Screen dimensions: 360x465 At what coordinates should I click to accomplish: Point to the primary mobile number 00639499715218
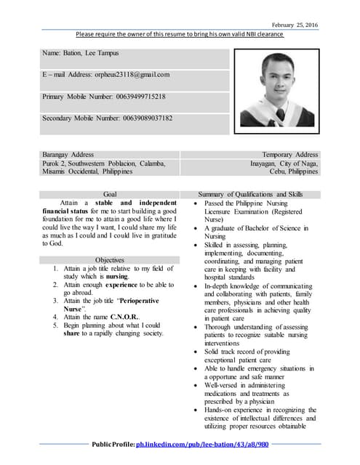coord(133,96)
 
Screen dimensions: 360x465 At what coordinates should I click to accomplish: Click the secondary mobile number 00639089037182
coord(137,118)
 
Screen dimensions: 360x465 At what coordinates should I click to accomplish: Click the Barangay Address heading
coord(68,155)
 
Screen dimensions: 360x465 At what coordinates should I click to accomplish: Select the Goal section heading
coord(111,194)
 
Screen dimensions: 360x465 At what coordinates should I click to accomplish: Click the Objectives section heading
coord(111,259)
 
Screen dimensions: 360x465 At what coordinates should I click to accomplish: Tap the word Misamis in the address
coord(56,171)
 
